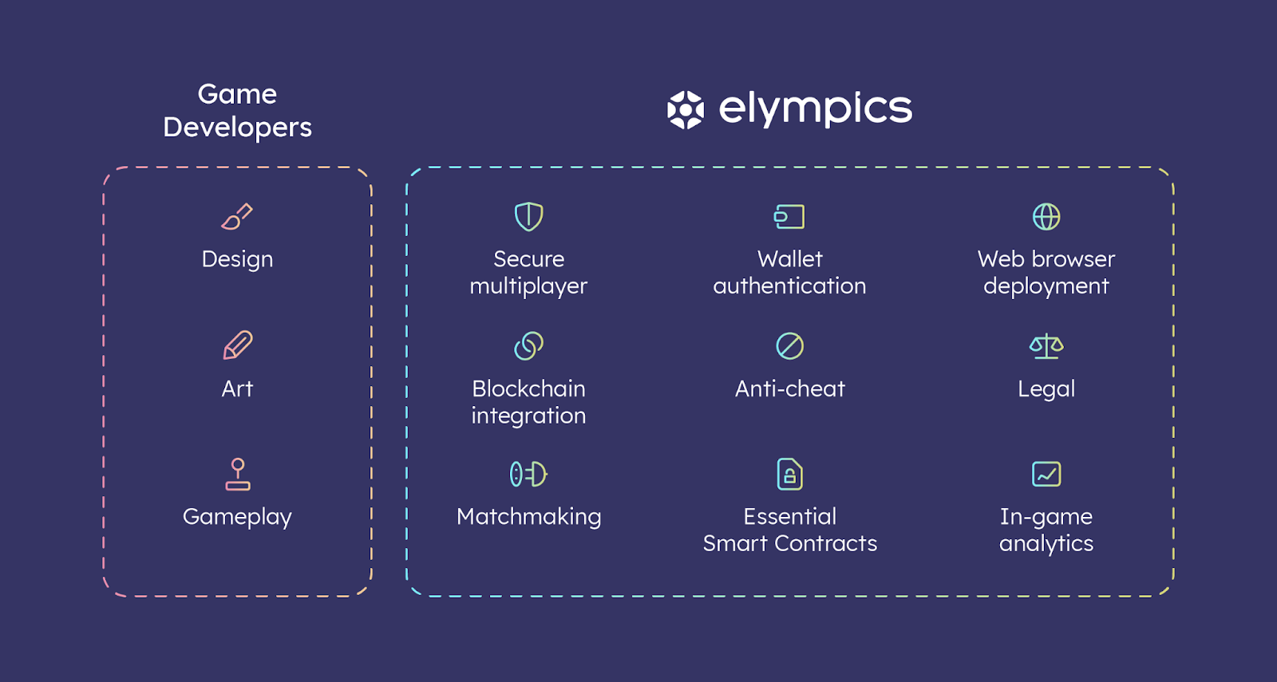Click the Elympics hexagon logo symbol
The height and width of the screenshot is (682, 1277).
[686, 110]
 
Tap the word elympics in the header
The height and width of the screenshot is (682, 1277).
[815, 108]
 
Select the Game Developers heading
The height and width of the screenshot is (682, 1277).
[237, 111]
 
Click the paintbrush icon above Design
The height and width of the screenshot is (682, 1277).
[237, 216]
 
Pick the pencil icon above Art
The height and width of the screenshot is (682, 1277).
[238, 345]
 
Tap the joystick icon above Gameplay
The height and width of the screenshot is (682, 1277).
[238, 474]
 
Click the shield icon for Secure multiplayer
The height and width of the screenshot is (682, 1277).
[529, 216]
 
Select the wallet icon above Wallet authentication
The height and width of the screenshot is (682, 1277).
[789, 216]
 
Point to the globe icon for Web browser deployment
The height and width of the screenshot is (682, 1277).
[1046, 216]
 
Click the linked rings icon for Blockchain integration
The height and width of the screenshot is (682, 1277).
[529, 346]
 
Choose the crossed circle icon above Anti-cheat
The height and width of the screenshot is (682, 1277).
[790, 346]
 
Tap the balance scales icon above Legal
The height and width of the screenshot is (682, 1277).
[1046, 346]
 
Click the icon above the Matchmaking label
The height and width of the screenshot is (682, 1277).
[528, 474]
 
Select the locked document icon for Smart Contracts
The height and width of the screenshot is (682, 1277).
[790, 474]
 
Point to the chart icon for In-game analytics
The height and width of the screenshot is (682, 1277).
[1046, 474]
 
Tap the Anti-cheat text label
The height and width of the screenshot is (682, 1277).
[790, 388]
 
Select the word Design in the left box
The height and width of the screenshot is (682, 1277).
[237, 260]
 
